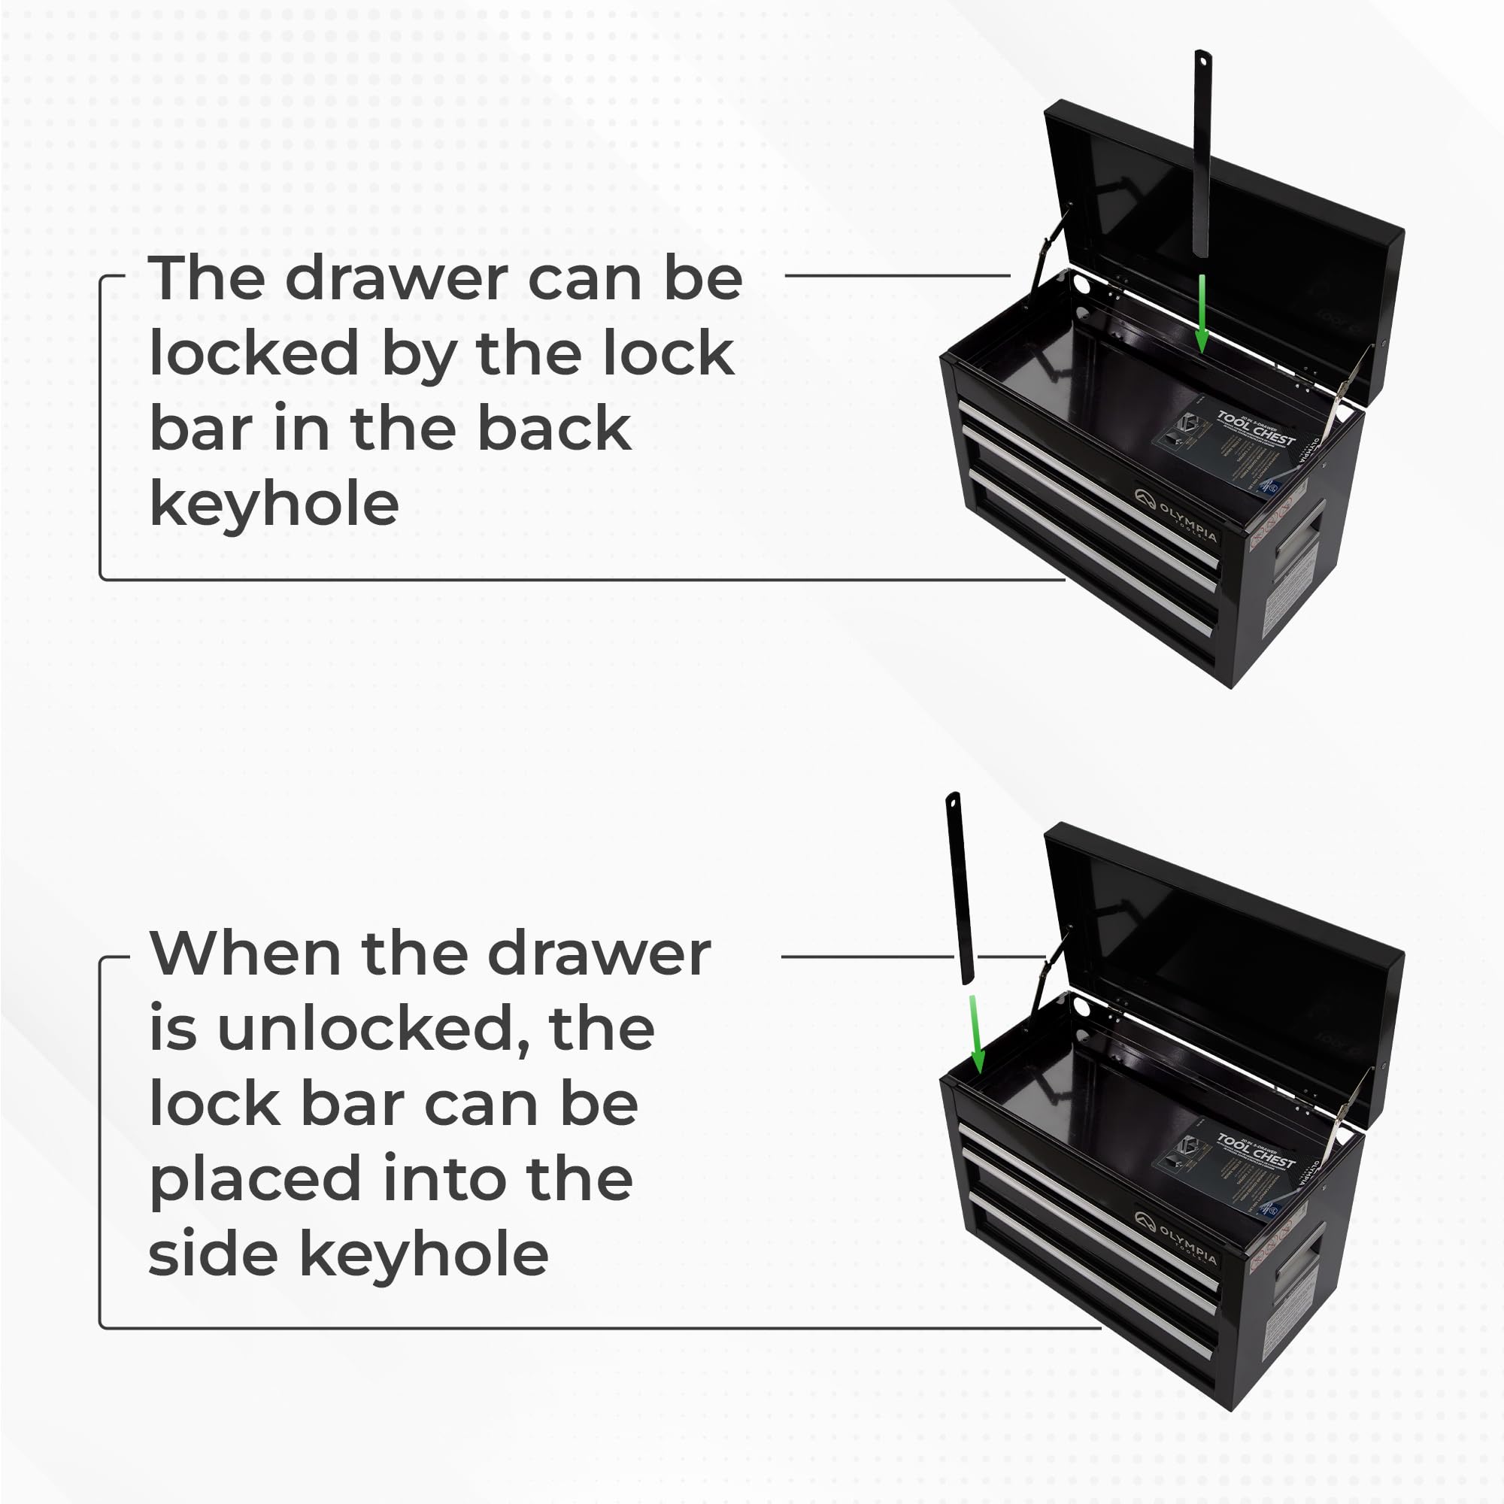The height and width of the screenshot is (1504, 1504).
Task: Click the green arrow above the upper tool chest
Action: pyautogui.click(x=1201, y=311)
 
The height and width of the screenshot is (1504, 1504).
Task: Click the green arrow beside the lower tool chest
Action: pyautogui.click(x=976, y=1032)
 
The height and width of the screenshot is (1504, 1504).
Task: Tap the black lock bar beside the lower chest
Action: pyautogui.click(x=960, y=887)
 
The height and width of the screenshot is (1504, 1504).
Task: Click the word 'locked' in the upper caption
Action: pyautogui.click(x=253, y=353)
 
